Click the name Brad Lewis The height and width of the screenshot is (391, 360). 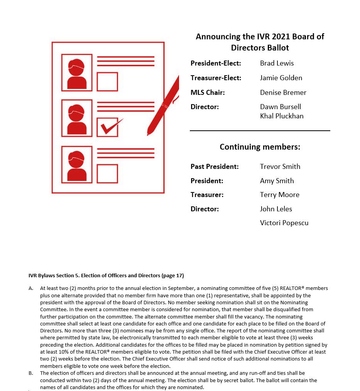point(277,63)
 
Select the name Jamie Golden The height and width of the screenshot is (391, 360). point(281,78)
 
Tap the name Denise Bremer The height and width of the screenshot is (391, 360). point(283,93)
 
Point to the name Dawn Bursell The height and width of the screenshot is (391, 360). point(280,107)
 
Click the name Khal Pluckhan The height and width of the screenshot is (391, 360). point(282,116)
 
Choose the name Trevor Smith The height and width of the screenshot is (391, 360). point(280,167)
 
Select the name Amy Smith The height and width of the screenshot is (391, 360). point(277,181)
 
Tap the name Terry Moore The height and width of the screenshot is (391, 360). point(279,195)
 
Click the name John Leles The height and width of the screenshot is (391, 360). point(276,209)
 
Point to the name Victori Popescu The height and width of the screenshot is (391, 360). point(284,223)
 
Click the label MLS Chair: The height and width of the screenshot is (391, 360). point(208,93)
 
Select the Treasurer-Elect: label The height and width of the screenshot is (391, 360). point(216,78)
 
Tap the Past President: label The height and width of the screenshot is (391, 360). point(215,167)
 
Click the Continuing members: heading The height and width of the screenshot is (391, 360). point(260,147)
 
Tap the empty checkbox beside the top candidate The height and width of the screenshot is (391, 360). point(107,81)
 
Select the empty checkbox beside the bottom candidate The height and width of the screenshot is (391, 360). point(107,174)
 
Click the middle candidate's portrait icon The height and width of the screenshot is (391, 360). point(77,118)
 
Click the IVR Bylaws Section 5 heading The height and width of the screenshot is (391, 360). point(106,275)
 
